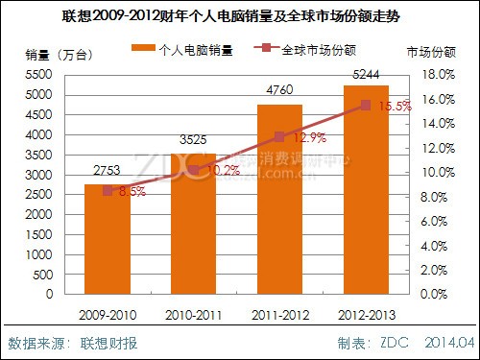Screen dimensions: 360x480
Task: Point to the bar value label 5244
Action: [365, 73]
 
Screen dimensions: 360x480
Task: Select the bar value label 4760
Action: [279, 93]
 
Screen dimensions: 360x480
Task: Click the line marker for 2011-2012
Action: [279, 137]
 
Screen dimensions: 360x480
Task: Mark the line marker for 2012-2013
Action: [365, 105]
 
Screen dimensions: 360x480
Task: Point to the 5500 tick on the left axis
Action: [36, 74]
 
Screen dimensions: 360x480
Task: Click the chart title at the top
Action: [239, 16]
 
